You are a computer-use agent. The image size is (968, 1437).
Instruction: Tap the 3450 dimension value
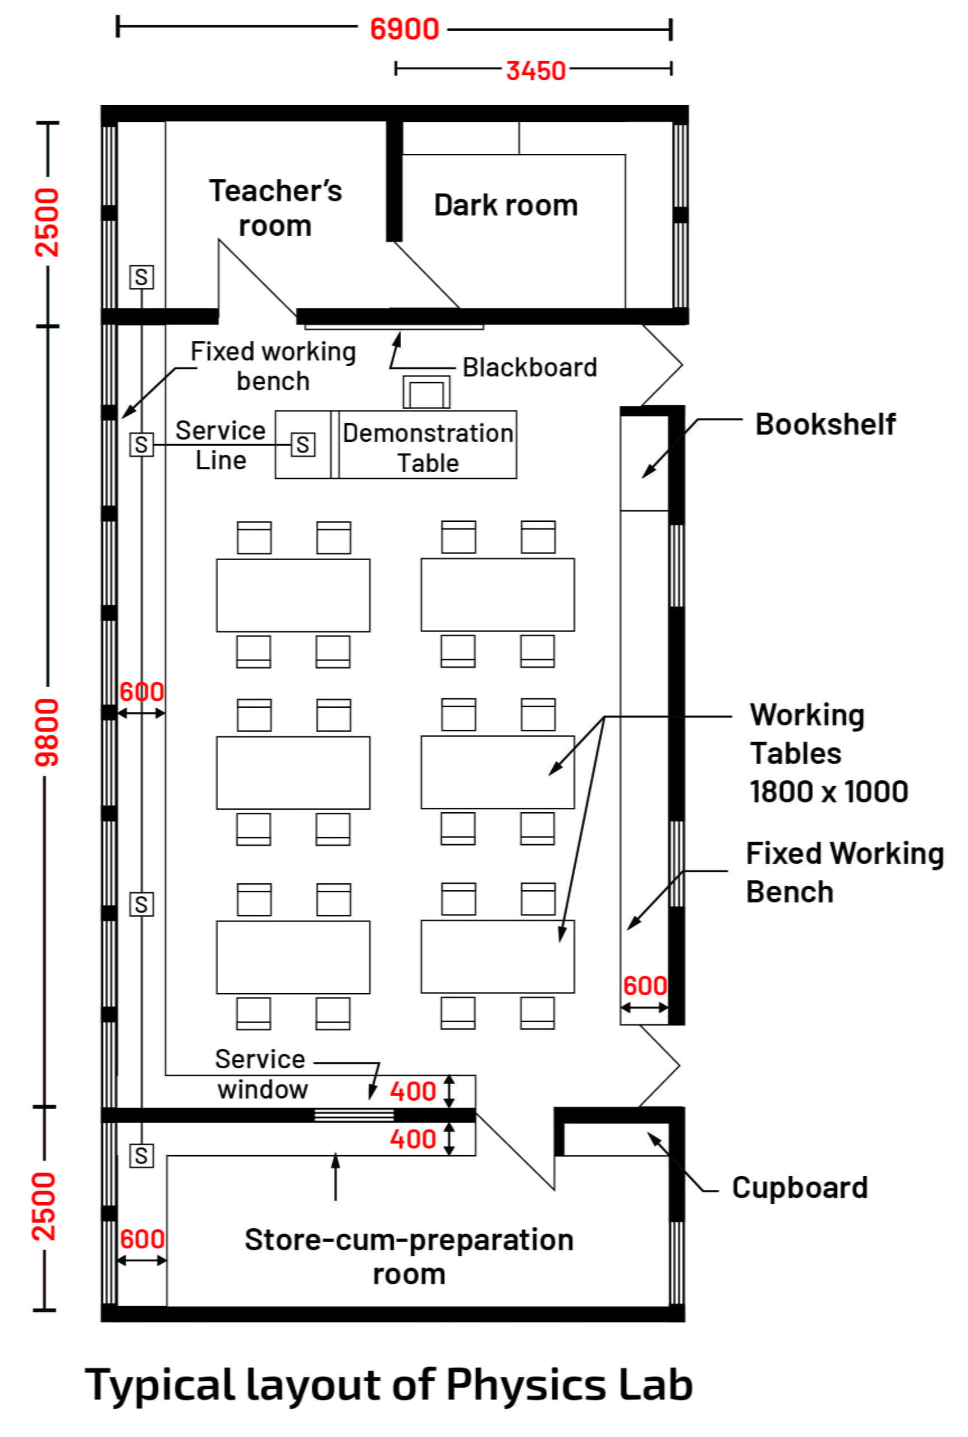point(535,70)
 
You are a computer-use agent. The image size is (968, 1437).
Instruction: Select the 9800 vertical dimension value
point(47,733)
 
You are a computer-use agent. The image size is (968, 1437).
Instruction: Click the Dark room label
point(506,205)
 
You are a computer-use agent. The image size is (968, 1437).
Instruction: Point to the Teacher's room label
point(276,208)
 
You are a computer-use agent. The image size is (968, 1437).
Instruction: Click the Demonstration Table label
point(428,448)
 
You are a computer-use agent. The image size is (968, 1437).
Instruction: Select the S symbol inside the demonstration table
point(302,445)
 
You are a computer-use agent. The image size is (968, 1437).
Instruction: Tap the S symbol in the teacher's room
point(141,277)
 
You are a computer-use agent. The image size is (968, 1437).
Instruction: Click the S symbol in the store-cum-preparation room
point(141,1155)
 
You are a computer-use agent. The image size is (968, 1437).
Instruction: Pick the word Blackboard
point(530,368)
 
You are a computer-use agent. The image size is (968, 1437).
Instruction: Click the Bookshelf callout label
point(825,424)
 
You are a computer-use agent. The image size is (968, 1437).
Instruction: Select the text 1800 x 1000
point(828,791)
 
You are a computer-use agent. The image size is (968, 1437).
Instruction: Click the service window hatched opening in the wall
point(354,1115)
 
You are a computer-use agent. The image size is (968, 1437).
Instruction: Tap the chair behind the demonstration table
point(426,392)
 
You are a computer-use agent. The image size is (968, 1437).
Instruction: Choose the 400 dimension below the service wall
point(413,1139)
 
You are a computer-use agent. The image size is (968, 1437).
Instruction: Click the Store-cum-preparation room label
point(409,1256)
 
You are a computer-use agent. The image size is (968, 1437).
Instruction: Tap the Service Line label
point(221,445)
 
